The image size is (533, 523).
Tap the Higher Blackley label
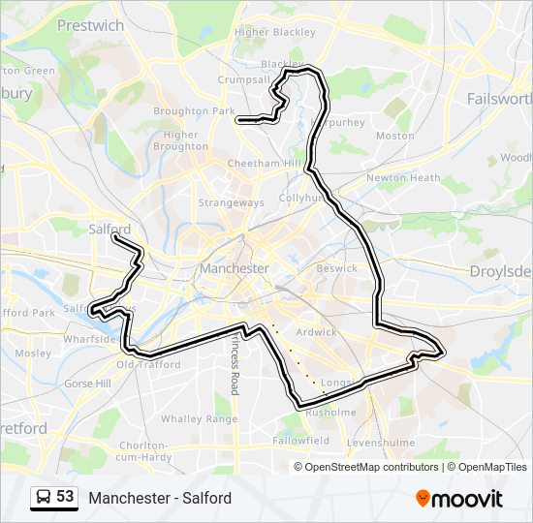pos(275,32)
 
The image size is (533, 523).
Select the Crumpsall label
pos(242,79)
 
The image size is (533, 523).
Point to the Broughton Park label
pos(196,111)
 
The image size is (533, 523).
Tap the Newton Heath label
pos(403,178)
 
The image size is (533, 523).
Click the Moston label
pos(394,137)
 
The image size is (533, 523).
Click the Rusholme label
pos(331,412)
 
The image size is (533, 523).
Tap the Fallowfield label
pos(300,440)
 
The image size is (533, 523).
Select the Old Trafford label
pos(148,365)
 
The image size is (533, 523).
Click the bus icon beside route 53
pos(44,497)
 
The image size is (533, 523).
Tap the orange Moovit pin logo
pos(423,498)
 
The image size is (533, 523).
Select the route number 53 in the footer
pos(65,497)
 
